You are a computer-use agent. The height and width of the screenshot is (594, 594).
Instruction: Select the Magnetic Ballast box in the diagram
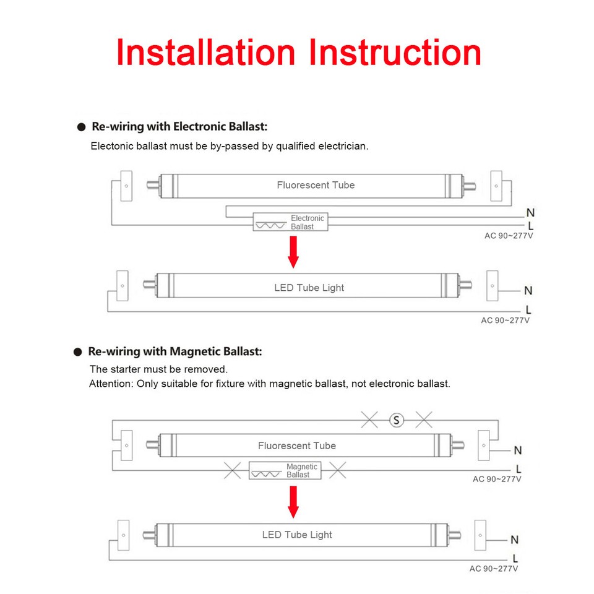pyautogui.click(x=285, y=471)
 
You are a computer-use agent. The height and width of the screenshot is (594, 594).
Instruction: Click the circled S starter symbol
pyautogui.click(x=396, y=420)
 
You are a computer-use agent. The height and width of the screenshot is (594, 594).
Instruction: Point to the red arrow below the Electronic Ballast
pyautogui.click(x=293, y=252)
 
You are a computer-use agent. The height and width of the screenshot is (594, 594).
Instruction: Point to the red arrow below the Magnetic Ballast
pyautogui.click(x=293, y=501)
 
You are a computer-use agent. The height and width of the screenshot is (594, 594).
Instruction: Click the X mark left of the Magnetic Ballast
pyautogui.click(x=232, y=471)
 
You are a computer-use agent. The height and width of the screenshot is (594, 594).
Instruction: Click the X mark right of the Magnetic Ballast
pyautogui.click(x=338, y=471)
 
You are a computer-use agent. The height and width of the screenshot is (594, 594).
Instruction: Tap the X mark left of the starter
pyautogui.click(x=369, y=420)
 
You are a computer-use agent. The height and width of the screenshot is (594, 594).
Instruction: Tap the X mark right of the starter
pyautogui.click(x=424, y=420)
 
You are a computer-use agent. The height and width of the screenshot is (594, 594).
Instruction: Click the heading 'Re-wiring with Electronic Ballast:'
pyautogui.click(x=179, y=127)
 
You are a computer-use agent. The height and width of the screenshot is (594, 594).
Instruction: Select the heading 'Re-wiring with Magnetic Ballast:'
pyautogui.click(x=175, y=351)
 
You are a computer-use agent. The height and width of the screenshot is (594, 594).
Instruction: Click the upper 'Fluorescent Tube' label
pyautogui.click(x=316, y=185)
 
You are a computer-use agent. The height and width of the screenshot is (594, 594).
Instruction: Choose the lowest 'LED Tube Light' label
pyautogui.click(x=297, y=535)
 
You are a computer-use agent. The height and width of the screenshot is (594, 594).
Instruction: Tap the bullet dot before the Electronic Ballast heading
pyautogui.click(x=80, y=127)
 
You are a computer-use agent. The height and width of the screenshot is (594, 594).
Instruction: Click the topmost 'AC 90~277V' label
pyautogui.click(x=508, y=236)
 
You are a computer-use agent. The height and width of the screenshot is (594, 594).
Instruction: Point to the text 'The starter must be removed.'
pyautogui.click(x=158, y=369)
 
